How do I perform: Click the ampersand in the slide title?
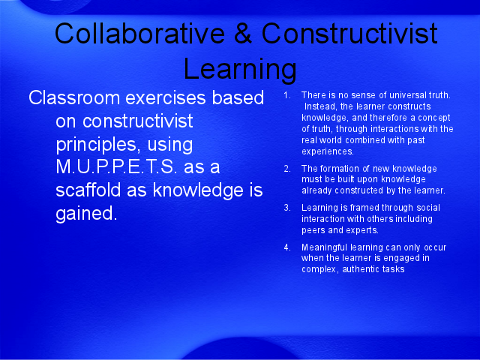pyautogui.click(x=243, y=33)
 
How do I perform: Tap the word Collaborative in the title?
pyautogui.click(x=140, y=33)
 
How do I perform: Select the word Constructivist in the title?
pyautogui.click(x=349, y=33)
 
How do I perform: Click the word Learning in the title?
pyautogui.click(x=240, y=68)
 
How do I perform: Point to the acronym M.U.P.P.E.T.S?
pyautogui.click(x=116, y=166)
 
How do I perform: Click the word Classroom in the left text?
pyautogui.click(x=74, y=97)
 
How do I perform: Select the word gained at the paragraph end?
pyautogui.click(x=86, y=213)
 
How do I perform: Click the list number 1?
pyautogui.click(x=286, y=95)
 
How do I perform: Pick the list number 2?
pyautogui.click(x=286, y=169)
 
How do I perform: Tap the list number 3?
pyautogui.click(x=286, y=208)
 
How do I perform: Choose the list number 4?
pyautogui.click(x=286, y=247)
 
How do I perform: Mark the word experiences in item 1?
pyautogui.click(x=328, y=151)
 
